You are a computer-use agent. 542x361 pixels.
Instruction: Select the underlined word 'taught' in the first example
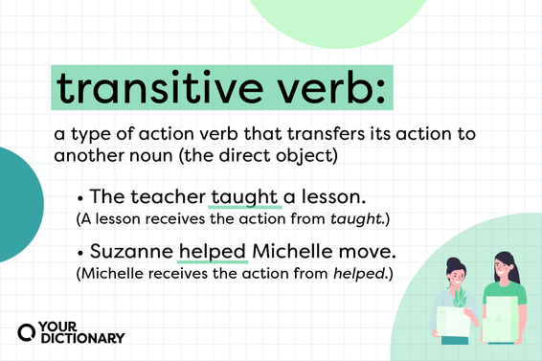[x=245, y=196]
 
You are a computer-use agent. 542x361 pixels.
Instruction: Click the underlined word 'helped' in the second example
[x=214, y=255]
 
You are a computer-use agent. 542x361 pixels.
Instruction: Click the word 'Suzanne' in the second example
[x=131, y=255]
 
